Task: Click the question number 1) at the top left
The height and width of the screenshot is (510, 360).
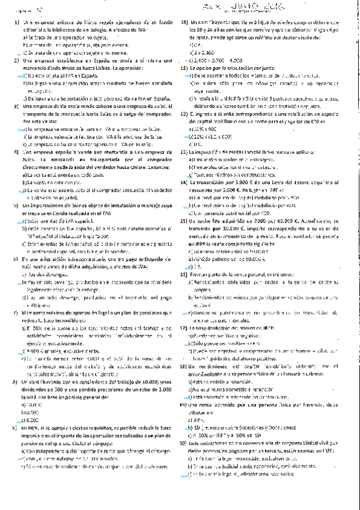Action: (16, 22)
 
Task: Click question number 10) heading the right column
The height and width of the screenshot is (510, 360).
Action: (185, 22)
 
